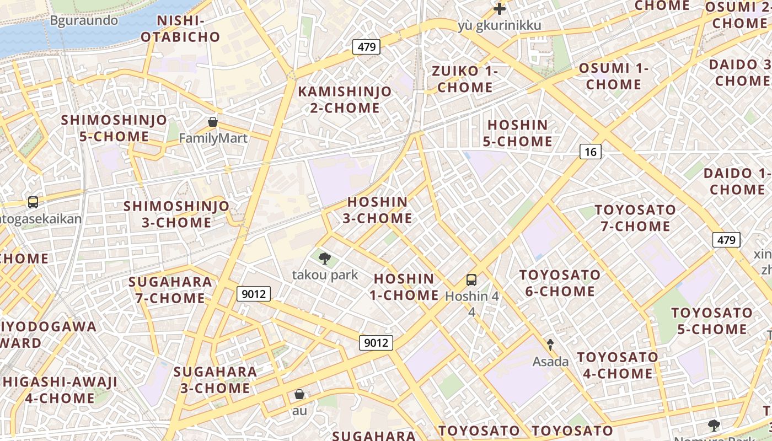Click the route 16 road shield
(590, 152)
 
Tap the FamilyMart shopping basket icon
(213, 122)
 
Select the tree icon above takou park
(325, 257)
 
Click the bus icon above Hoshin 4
(471, 279)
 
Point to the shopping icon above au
(299, 394)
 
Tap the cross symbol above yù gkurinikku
(500, 9)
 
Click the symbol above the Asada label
(550, 345)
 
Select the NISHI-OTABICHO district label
(181, 29)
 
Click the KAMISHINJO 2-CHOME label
(345, 100)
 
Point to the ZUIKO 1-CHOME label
(465, 79)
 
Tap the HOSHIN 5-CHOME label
(517, 133)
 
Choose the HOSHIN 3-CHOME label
(378, 210)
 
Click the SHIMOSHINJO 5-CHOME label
(114, 128)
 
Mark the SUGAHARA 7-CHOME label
(170, 290)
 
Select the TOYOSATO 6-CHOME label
(560, 283)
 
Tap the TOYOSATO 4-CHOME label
(618, 365)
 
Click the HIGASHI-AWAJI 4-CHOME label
(60, 390)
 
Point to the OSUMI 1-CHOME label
(614, 77)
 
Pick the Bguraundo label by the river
(84, 21)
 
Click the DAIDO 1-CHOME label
(737, 181)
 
